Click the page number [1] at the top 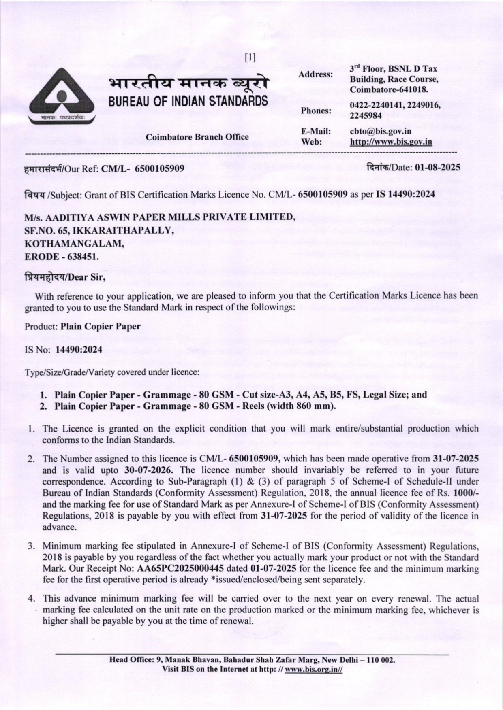(x=250, y=57)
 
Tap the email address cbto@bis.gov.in (x=380, y=131)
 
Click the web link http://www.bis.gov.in (x=391, y=142)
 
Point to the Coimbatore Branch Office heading (x=197, y=137)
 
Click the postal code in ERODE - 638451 (x=79, y=257)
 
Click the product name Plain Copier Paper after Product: (x=101, y=326)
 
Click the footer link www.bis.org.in (x=314, y=669)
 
